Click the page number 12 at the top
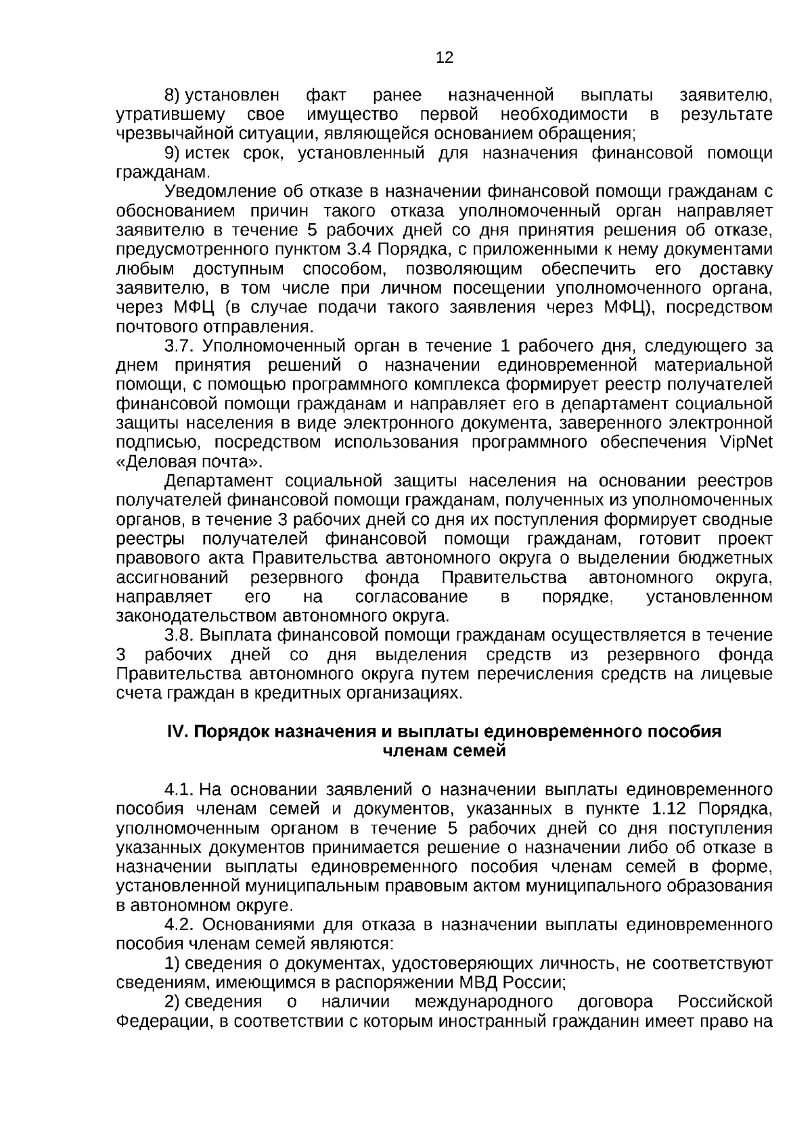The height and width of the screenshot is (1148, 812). (445, 58)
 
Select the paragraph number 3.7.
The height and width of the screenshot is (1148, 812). (180, 346)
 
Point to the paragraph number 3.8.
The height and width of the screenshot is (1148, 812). (180, 635)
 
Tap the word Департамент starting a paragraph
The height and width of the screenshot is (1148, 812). (219, 481)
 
